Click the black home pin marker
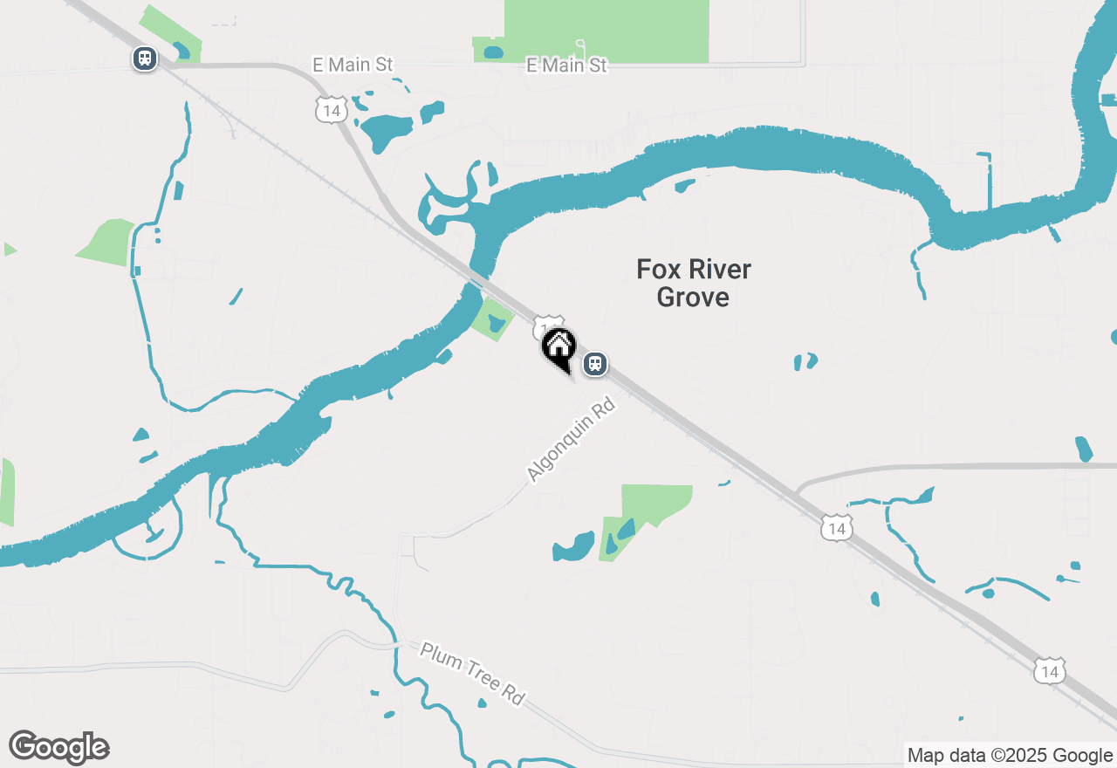[x=558, y=347]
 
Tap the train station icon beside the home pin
[x=595, y=363]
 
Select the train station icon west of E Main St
[x=145, y=58]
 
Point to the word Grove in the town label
[x=693, y=297]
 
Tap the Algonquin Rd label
[x=572, y=439]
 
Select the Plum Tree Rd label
[x=473, y=674]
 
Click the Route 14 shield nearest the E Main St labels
[x=331, y=110]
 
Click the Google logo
[x=59, y=747]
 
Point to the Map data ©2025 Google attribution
[x=1010, y=756]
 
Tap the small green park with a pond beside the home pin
[x=494, y=319]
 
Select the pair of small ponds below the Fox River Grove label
[x=805, y=360]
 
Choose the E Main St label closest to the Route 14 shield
[x=353, y=65]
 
